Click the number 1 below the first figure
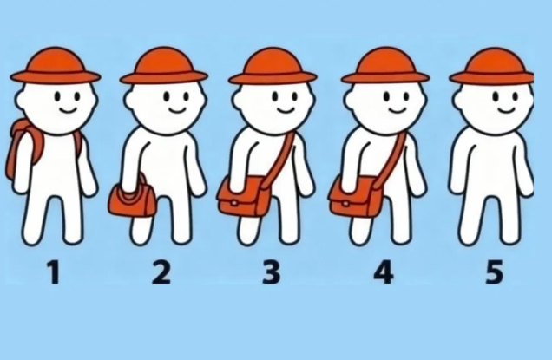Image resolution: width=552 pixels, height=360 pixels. tap(54, 272)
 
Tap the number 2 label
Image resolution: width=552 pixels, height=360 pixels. tap(161, 272)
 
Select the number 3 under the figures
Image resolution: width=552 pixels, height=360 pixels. tap(272, 272)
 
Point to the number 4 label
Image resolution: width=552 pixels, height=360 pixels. tap(384, 272)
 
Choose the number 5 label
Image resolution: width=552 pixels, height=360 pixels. tap(494, 272)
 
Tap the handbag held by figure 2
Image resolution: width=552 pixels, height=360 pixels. tap(132, 200)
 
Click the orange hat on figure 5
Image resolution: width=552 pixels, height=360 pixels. tap(493, 67)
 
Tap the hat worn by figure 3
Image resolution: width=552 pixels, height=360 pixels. tap(273, 67)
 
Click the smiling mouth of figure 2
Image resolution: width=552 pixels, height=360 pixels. tap(177, 111)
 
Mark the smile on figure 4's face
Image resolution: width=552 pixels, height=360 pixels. tap(398, 111)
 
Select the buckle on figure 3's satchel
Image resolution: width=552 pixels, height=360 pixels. tap(233, 203)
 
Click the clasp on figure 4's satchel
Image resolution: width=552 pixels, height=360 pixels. tap(345, 203)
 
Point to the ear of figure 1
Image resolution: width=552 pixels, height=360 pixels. tap(21, 100)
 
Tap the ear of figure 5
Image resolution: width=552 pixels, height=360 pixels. tap(459, 100)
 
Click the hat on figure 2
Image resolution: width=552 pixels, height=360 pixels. tap(164, 67)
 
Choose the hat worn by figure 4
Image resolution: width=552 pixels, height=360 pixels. tap(385, 67)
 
